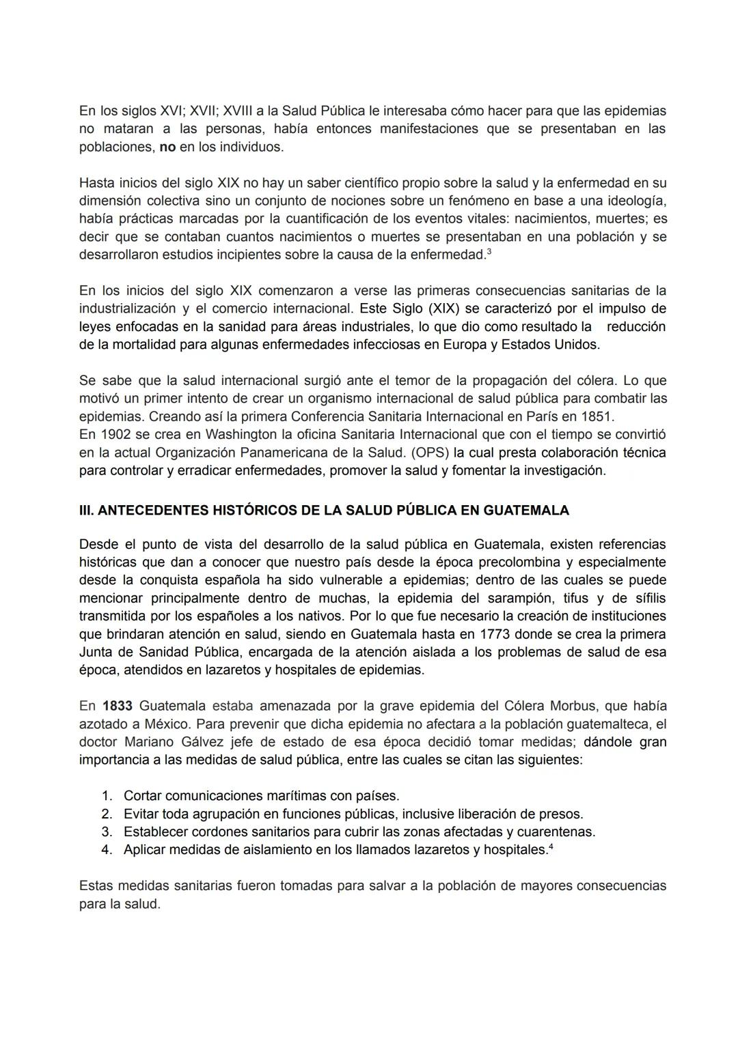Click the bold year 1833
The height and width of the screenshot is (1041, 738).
(118, 706)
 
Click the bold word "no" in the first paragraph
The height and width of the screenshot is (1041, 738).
(167, 147)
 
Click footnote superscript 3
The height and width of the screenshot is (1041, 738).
(488, 252)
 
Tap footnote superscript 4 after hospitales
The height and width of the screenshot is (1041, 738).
(551, 847)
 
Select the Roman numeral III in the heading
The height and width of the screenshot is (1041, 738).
(87, 511)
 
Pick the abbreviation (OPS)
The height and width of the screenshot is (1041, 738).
(428, 453)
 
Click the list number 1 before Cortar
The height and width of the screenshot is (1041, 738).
(106, 796)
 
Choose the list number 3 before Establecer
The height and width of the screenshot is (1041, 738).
(106, 832)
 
